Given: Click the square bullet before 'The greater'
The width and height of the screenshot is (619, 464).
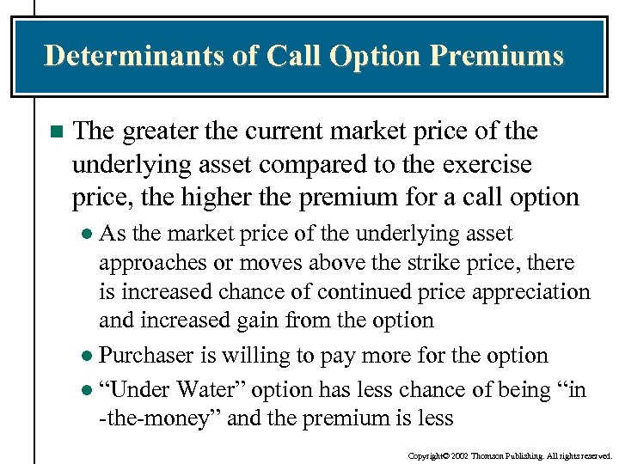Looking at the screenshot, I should (57, 132).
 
